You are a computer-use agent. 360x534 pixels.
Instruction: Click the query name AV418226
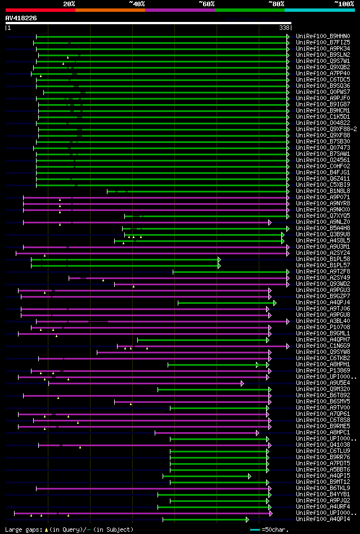click(x=21, y=18)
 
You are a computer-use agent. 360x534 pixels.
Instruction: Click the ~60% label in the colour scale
click(x=206, y=4)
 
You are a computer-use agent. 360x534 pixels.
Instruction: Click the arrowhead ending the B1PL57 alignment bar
click(x=219, y=265)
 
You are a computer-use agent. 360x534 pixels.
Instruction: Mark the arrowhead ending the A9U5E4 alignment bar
click(x=242, y=383)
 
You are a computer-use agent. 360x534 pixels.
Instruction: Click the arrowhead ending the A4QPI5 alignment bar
click(x=250, y=476)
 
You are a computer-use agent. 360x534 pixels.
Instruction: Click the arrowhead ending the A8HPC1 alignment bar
click(x=257, y=433)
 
